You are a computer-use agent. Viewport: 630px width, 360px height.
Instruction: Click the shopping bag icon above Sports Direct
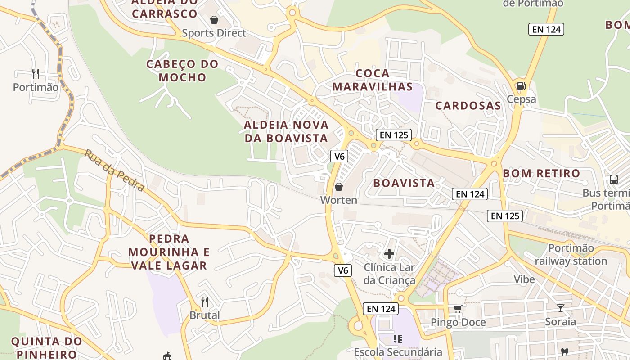coord(214,20)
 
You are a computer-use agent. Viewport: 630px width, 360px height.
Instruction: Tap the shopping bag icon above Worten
coord(339,187)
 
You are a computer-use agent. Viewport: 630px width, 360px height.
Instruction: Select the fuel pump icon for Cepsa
coord(521,85)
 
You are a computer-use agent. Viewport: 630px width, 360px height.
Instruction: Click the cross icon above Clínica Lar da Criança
coord(389,254)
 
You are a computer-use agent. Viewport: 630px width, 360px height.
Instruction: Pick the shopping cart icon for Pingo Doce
coord(458,309)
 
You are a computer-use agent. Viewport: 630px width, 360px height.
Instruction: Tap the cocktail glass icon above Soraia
coord(560,308)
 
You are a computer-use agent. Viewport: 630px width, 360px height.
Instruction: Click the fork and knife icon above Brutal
coord(205,301)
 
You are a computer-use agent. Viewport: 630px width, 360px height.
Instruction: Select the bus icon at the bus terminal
coord(613,180)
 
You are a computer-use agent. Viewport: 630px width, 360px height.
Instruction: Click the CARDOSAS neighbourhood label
coord(468,106)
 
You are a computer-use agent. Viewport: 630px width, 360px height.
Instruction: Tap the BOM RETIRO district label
coord(541,173)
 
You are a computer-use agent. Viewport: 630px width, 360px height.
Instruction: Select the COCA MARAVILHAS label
coord(372,80)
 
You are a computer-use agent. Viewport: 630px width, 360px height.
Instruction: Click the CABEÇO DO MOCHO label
coord(182,71)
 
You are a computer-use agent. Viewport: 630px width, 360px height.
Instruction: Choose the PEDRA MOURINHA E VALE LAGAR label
coord(169,252)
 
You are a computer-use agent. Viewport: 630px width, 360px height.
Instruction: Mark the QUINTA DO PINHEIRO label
coord(46,347)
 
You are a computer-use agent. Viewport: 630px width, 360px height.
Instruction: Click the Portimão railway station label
coord(571,255)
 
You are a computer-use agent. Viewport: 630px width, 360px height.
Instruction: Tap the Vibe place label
coord(524,279)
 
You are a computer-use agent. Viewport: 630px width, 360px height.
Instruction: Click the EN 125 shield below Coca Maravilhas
coord(394,135)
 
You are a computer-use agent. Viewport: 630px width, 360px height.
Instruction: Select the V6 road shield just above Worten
coord(339,156)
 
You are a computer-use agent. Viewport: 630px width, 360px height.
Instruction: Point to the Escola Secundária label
coord(398,352)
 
